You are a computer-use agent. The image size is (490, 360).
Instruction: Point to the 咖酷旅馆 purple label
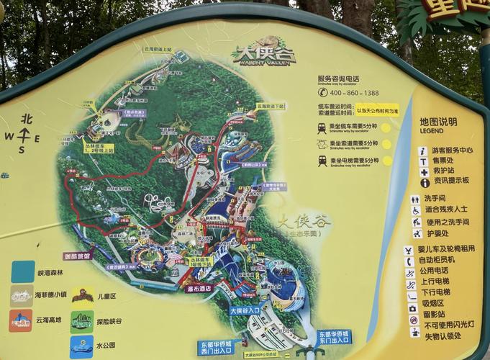[x=78, y=256]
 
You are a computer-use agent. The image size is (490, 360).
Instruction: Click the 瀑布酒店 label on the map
[x=199, y=288]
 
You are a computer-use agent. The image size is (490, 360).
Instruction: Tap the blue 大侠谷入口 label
[x=244, y=310]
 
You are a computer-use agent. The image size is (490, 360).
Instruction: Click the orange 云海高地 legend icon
[x=20, y=320]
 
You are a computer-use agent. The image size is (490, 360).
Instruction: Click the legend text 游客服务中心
[x=452, y=151]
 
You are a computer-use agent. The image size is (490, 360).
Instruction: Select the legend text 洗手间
[x=435, y=199]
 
